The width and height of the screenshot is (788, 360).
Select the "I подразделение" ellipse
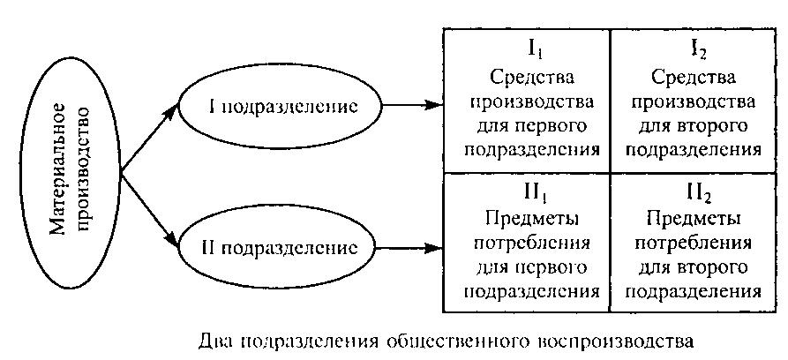(283, 107)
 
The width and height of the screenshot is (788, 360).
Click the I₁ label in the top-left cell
(526, 43)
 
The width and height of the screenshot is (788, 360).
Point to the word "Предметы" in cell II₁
(526, 216)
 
